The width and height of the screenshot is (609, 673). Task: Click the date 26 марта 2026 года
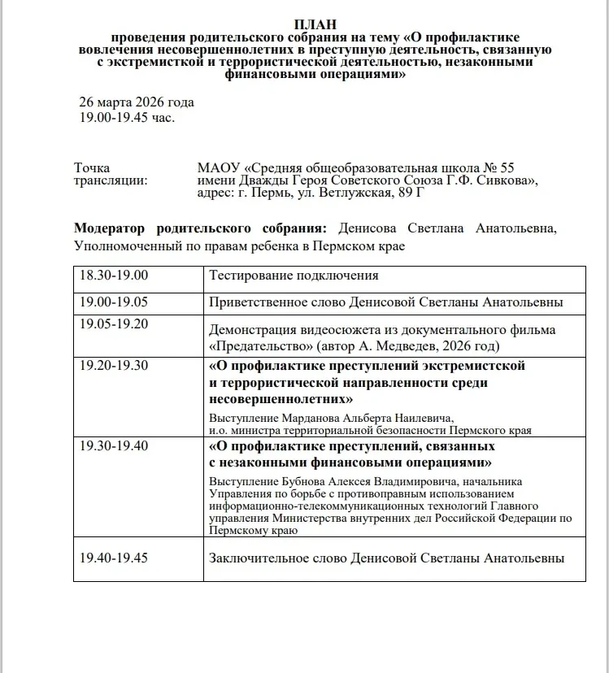click(137, 102)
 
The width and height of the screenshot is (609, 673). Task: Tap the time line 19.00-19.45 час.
click(126, 116)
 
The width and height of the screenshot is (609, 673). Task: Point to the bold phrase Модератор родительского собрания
click(200, 228)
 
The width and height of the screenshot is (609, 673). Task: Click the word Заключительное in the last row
click(256, 558)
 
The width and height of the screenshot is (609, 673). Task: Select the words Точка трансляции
click(111, 174)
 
